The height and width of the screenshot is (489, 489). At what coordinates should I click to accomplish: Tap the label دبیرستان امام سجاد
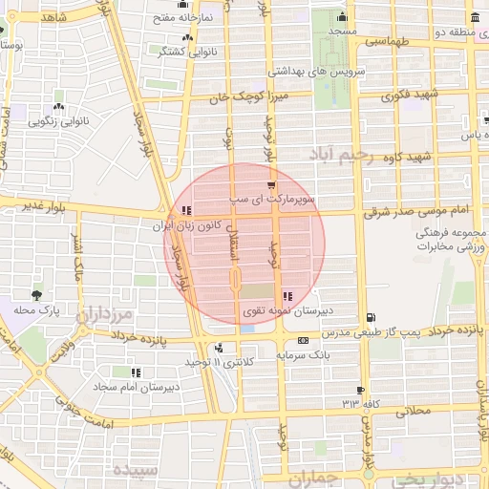[x=137, y=388]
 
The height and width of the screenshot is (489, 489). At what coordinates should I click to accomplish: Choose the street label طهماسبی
[x=387, y=42]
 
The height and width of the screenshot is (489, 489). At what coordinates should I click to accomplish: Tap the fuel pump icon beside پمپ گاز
[x=370, y=318]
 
